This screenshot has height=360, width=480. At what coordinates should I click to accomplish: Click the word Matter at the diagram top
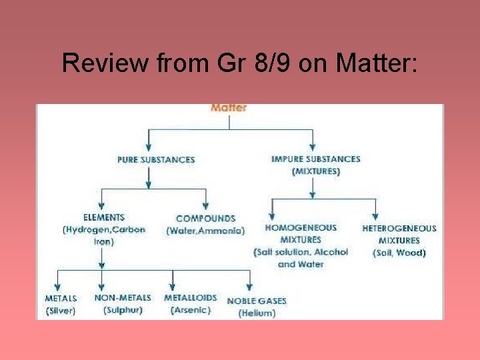pos(229,107)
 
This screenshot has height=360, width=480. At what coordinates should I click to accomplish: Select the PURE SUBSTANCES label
pos(156,160)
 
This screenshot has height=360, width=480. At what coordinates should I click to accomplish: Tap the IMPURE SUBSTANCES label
pos(316,159)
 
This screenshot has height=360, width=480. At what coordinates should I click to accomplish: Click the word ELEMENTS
pos(104,217)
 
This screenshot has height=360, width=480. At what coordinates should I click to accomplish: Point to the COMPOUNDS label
pos(206,219)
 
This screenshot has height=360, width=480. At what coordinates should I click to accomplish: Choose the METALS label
pos(61,299)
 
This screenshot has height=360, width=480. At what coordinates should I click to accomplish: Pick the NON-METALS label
pos(123,298)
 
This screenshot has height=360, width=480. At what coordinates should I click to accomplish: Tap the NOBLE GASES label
pos(257,301)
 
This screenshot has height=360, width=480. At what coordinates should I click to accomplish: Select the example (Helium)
pos(257,313)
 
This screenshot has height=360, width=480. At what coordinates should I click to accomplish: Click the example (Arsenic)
pos(191,310)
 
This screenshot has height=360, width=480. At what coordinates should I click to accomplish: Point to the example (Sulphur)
pos(123,310)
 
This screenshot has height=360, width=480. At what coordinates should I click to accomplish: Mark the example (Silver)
pos(61,311)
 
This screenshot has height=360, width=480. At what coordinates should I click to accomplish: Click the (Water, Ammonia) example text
pos(205,231)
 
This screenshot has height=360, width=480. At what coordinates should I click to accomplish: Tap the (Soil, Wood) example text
pos(399,253)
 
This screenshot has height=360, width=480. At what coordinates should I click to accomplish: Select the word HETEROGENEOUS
pos(399,229)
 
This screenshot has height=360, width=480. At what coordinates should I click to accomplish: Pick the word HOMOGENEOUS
pos(301,227)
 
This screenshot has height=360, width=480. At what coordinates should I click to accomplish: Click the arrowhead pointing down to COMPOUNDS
pos(206,204)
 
